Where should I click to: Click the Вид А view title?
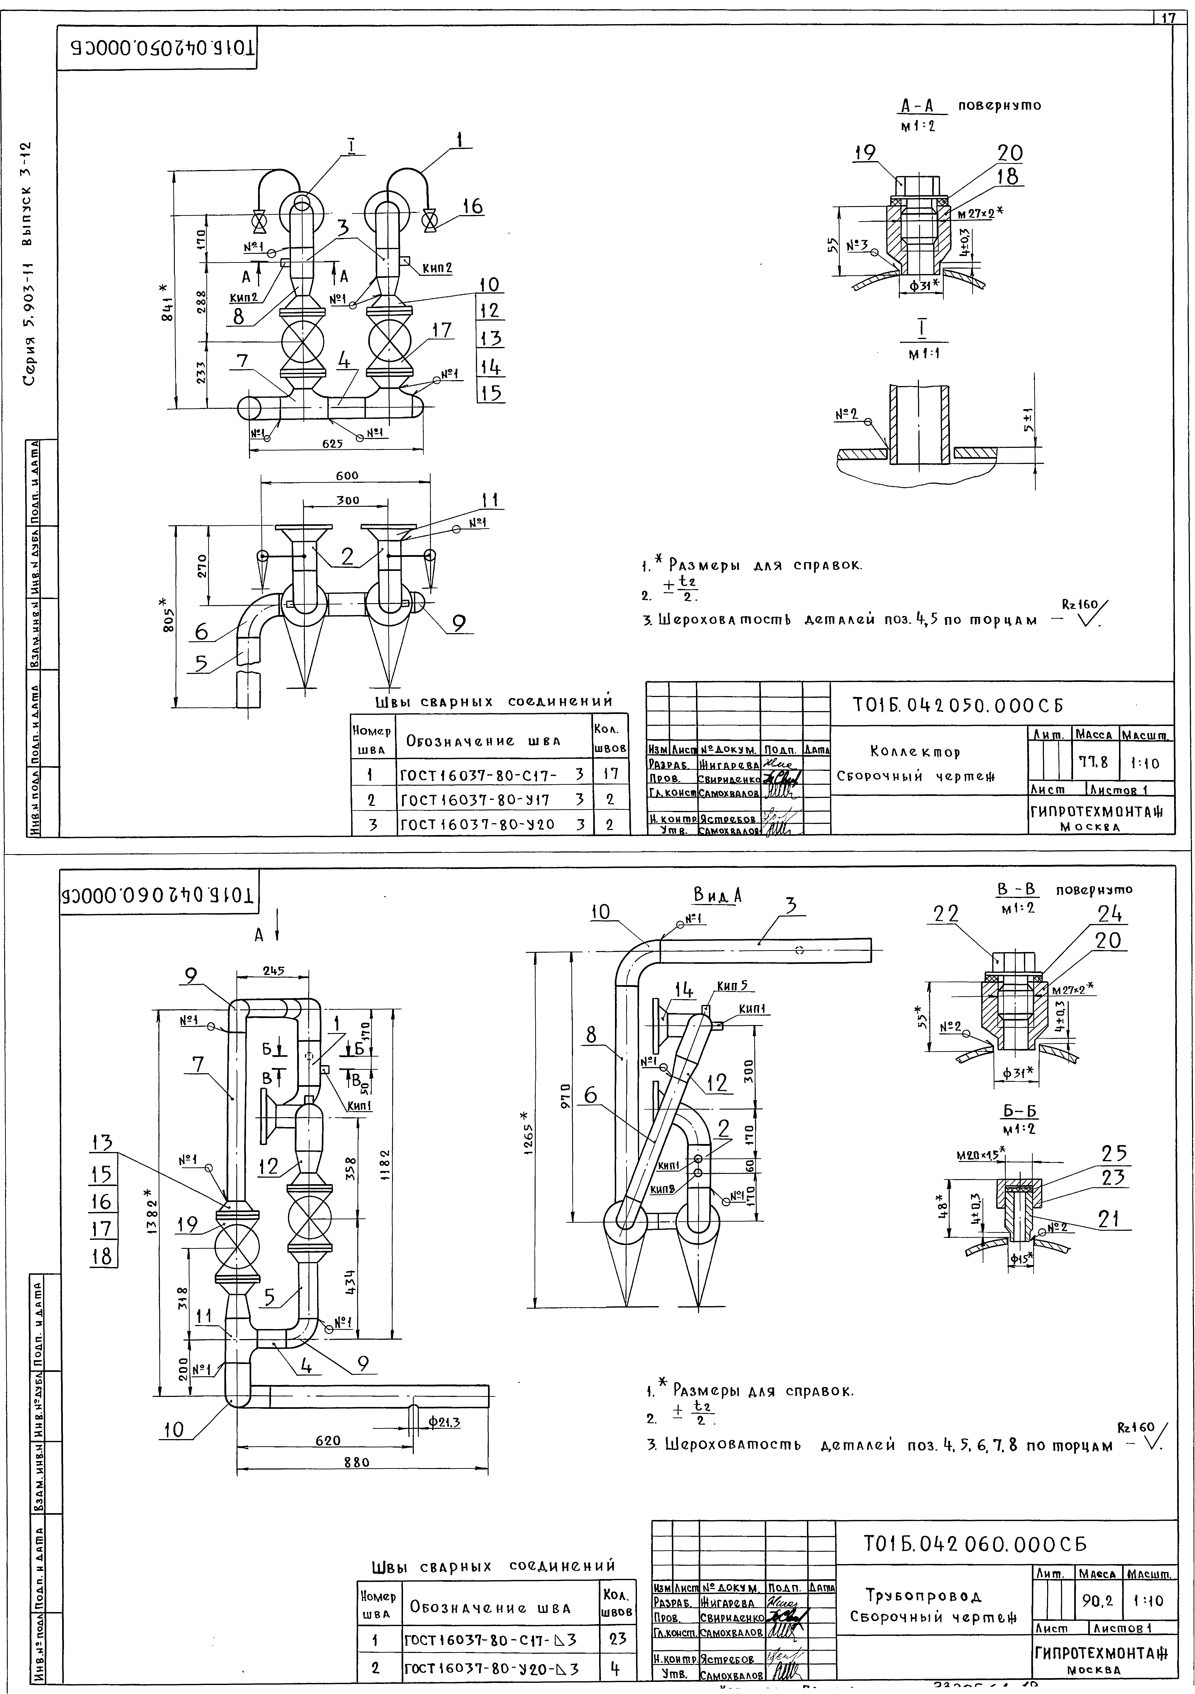pyautogui.click(x=717, y=895)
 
